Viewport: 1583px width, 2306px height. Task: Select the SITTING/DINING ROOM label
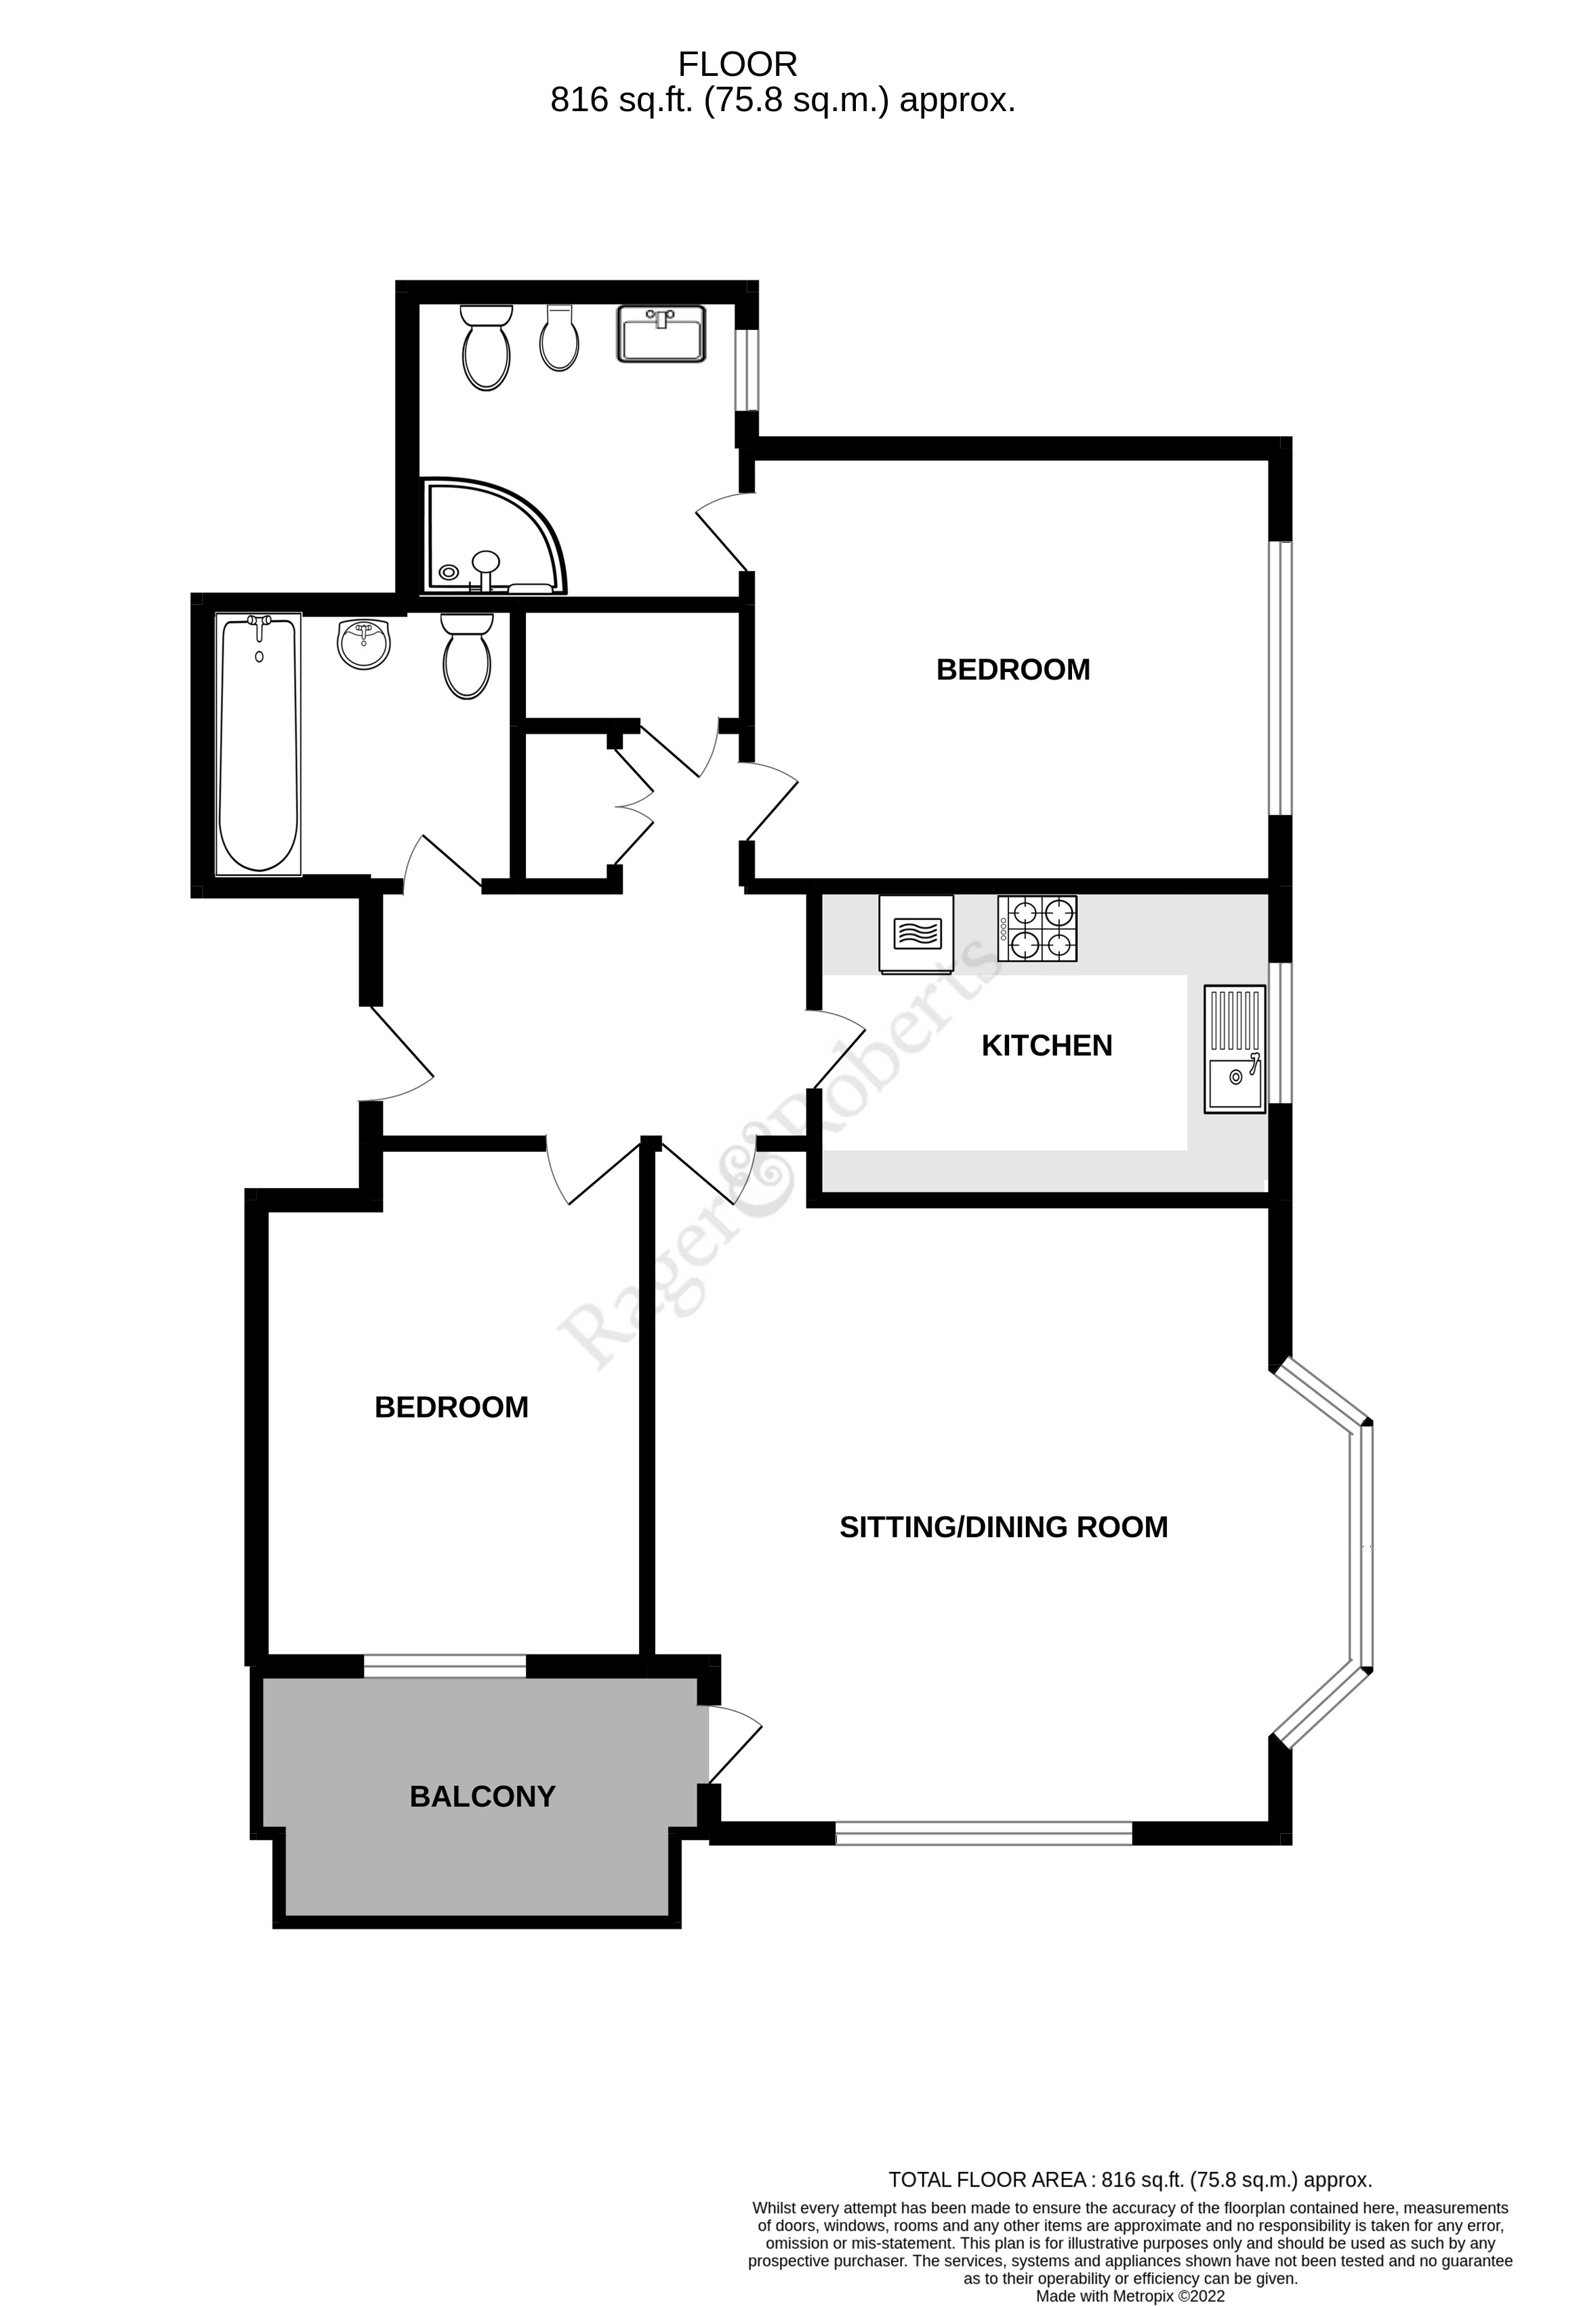pos(1004,1526)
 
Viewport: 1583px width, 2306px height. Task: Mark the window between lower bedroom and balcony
pos(445,1666)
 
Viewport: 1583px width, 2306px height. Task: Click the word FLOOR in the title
pos(737,64)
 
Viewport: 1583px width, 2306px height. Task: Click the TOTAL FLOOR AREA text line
pos(1130,2179)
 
